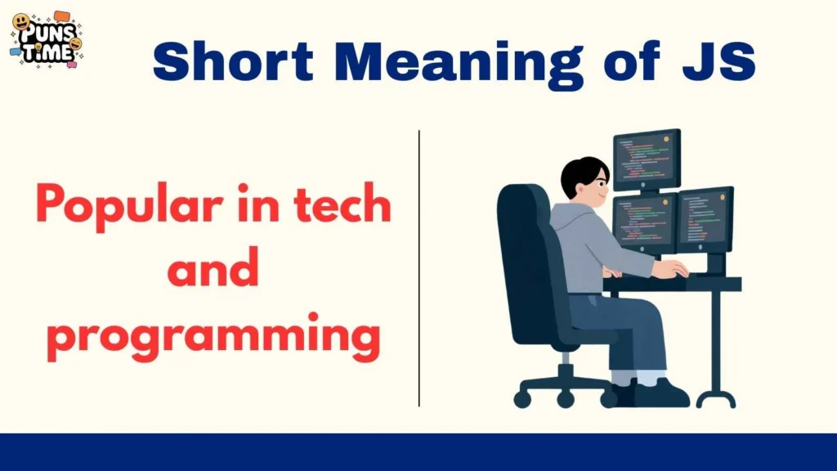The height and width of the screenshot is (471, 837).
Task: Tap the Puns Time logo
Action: pos(46,38)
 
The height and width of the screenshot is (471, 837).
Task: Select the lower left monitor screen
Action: pos(644,222)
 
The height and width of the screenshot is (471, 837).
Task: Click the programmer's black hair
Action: pos(582,174)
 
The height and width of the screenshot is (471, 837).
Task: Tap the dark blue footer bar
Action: pos(418,451)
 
